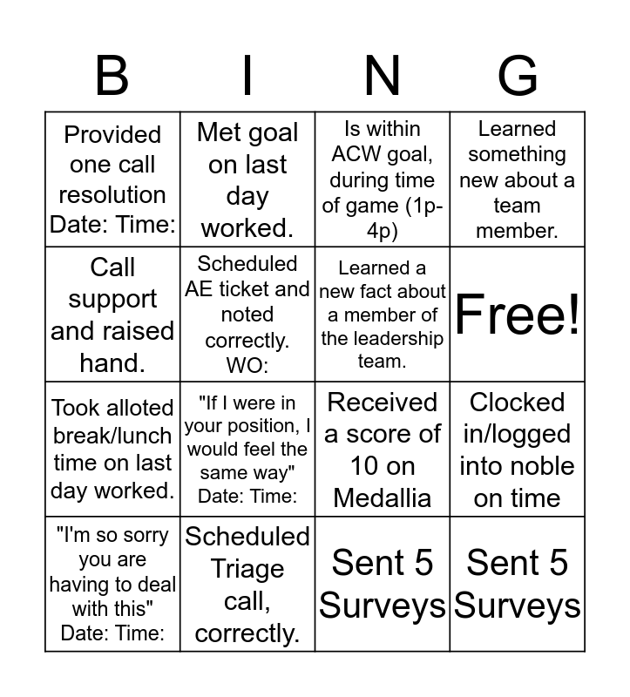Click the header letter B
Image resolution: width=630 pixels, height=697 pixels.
[112, 76]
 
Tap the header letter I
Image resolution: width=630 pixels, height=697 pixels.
[247, 76]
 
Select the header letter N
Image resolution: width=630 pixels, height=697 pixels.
[383, 76]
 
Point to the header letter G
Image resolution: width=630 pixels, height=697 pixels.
[518, 76]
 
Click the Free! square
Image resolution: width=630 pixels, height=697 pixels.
[518, 314]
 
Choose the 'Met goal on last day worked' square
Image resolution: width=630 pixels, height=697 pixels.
[247, 179]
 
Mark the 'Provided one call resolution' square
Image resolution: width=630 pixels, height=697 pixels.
[112, 179]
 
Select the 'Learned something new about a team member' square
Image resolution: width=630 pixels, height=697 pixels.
[518, 179]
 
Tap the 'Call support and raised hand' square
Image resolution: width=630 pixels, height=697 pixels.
[112, 314]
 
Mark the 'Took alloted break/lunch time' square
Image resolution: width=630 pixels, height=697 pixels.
[112, 449]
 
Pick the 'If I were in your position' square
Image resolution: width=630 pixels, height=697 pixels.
[247, 449]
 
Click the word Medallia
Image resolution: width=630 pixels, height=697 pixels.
[383, 497]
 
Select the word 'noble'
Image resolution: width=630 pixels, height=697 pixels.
[535, 466]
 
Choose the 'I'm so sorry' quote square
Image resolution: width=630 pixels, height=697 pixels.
[112, 584]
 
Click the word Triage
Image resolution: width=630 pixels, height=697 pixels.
[247, 569]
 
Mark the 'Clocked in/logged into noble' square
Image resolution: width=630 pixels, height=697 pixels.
[518, 449]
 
